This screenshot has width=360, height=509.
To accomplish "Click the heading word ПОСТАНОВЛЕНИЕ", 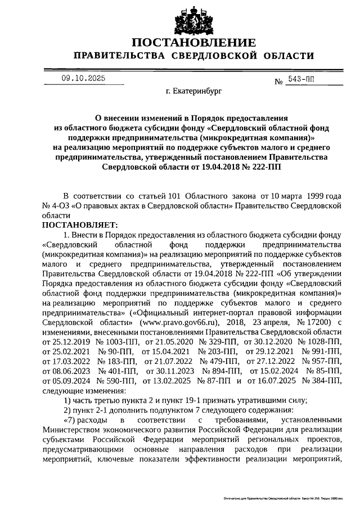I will (x=194, y=43).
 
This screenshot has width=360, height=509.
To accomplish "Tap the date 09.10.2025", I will (x=83, y=79).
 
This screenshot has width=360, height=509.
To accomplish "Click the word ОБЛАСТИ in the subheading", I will (x=287, y=56).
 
